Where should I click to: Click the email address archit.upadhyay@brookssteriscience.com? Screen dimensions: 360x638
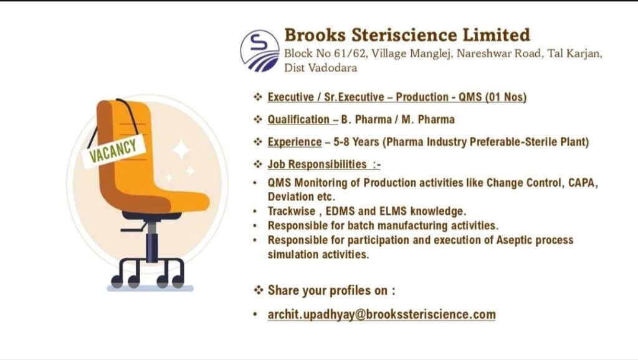(x=381, y=315)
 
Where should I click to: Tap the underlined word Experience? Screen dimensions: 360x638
(x=294, y=142)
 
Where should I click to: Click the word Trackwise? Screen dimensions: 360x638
(x=292, y=211)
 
